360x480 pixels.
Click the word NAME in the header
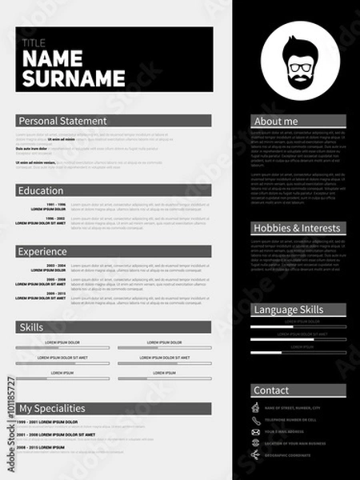click(x=54, y=60)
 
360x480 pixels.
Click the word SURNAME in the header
click(x=74, y=78)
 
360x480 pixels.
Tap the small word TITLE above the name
click(x=34, y=42)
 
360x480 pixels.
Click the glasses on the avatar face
click(x=298, y=67)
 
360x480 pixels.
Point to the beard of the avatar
click(x=298, y=80)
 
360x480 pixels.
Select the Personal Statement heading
click(x=62, y=121)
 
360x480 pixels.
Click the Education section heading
click(x=41, y=191)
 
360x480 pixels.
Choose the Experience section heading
click(x=43, y=251)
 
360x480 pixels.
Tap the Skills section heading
click(x=31, y=327)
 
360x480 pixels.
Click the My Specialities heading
click(x=52, y=409)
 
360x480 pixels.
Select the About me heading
click(x=275, y=122)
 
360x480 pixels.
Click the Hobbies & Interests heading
click(x=297, y=228)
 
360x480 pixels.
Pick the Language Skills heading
click(x=288, y=310)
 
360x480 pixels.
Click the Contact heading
click(x=271, y=390)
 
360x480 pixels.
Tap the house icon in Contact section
click(x=256, y=408)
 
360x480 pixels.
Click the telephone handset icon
click(x=256, y=419)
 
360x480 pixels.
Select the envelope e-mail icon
click(x=256, y=431)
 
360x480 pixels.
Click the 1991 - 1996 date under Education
click(x=55, y=205)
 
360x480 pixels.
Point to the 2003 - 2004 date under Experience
click(x=55, y=265)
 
